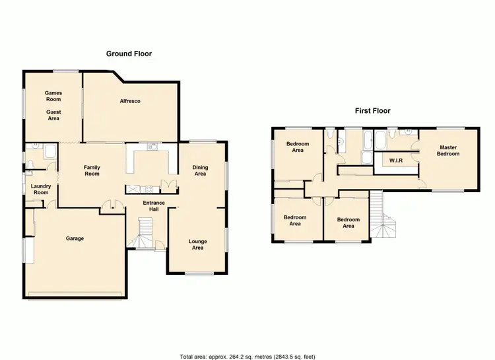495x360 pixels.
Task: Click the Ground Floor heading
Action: coord(129,54)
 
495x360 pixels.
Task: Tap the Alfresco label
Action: coord(130,101)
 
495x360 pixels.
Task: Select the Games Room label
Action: coord(53,96)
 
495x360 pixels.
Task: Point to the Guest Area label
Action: coord(53,115)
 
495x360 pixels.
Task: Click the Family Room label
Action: coord(92,170)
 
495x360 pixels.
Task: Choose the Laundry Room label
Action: coord(41,190)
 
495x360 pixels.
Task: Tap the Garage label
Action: coord(75,238)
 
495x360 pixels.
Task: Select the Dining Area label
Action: coord(200,170)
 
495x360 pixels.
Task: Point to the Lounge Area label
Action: coord(198,245)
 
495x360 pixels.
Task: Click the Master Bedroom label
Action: coord(448,151)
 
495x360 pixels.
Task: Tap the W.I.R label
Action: coord(396,161)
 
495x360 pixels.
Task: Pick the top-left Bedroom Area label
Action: coord(298,147)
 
